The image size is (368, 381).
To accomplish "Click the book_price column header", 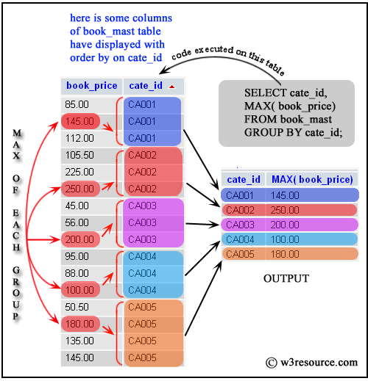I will (91, 85).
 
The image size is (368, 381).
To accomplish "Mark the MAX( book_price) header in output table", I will (312, 179).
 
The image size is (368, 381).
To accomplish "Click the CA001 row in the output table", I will (289, 195).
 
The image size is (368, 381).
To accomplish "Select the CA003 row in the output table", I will (289, 225).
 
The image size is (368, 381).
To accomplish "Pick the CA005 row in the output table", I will (289, 254).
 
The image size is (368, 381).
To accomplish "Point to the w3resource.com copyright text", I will (312, 362).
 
